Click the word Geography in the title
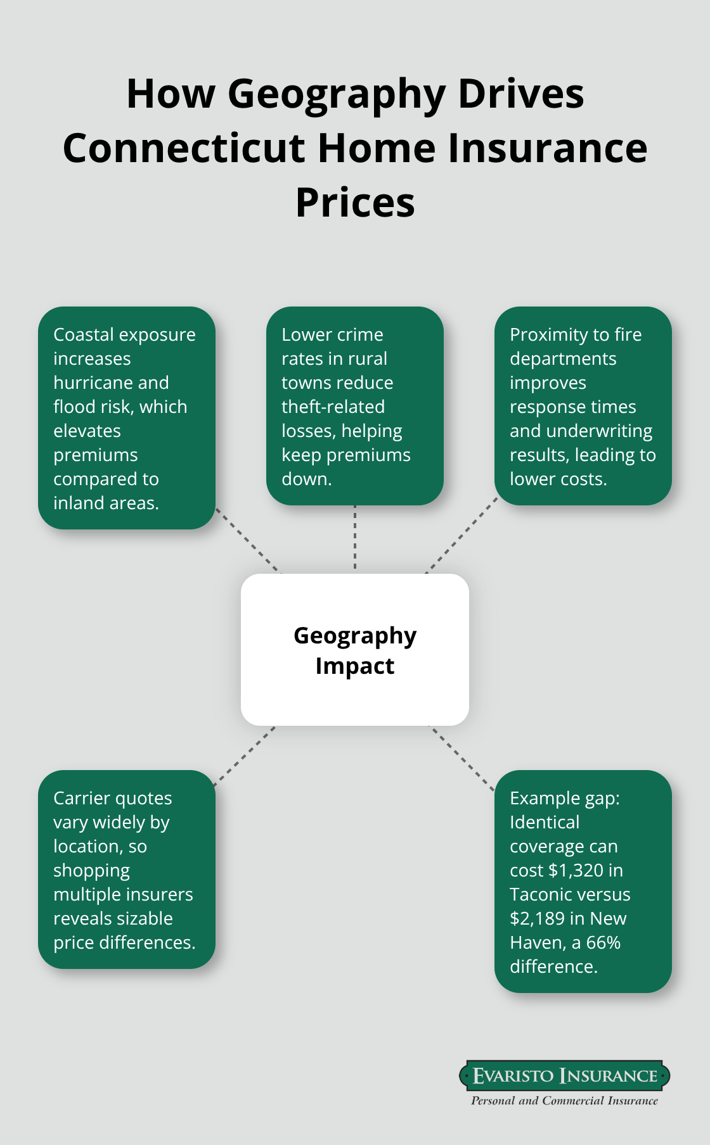coord(336,94)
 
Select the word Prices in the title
coord(355,203)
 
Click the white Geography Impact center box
coord(355,650)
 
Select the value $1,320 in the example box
coord(576,871)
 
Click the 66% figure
coord(603,943)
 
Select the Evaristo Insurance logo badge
coord(564,1075)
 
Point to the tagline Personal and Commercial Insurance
coord(564,1101)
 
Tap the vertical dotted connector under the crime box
coord(355,538)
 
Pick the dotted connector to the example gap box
coord(463,759)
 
